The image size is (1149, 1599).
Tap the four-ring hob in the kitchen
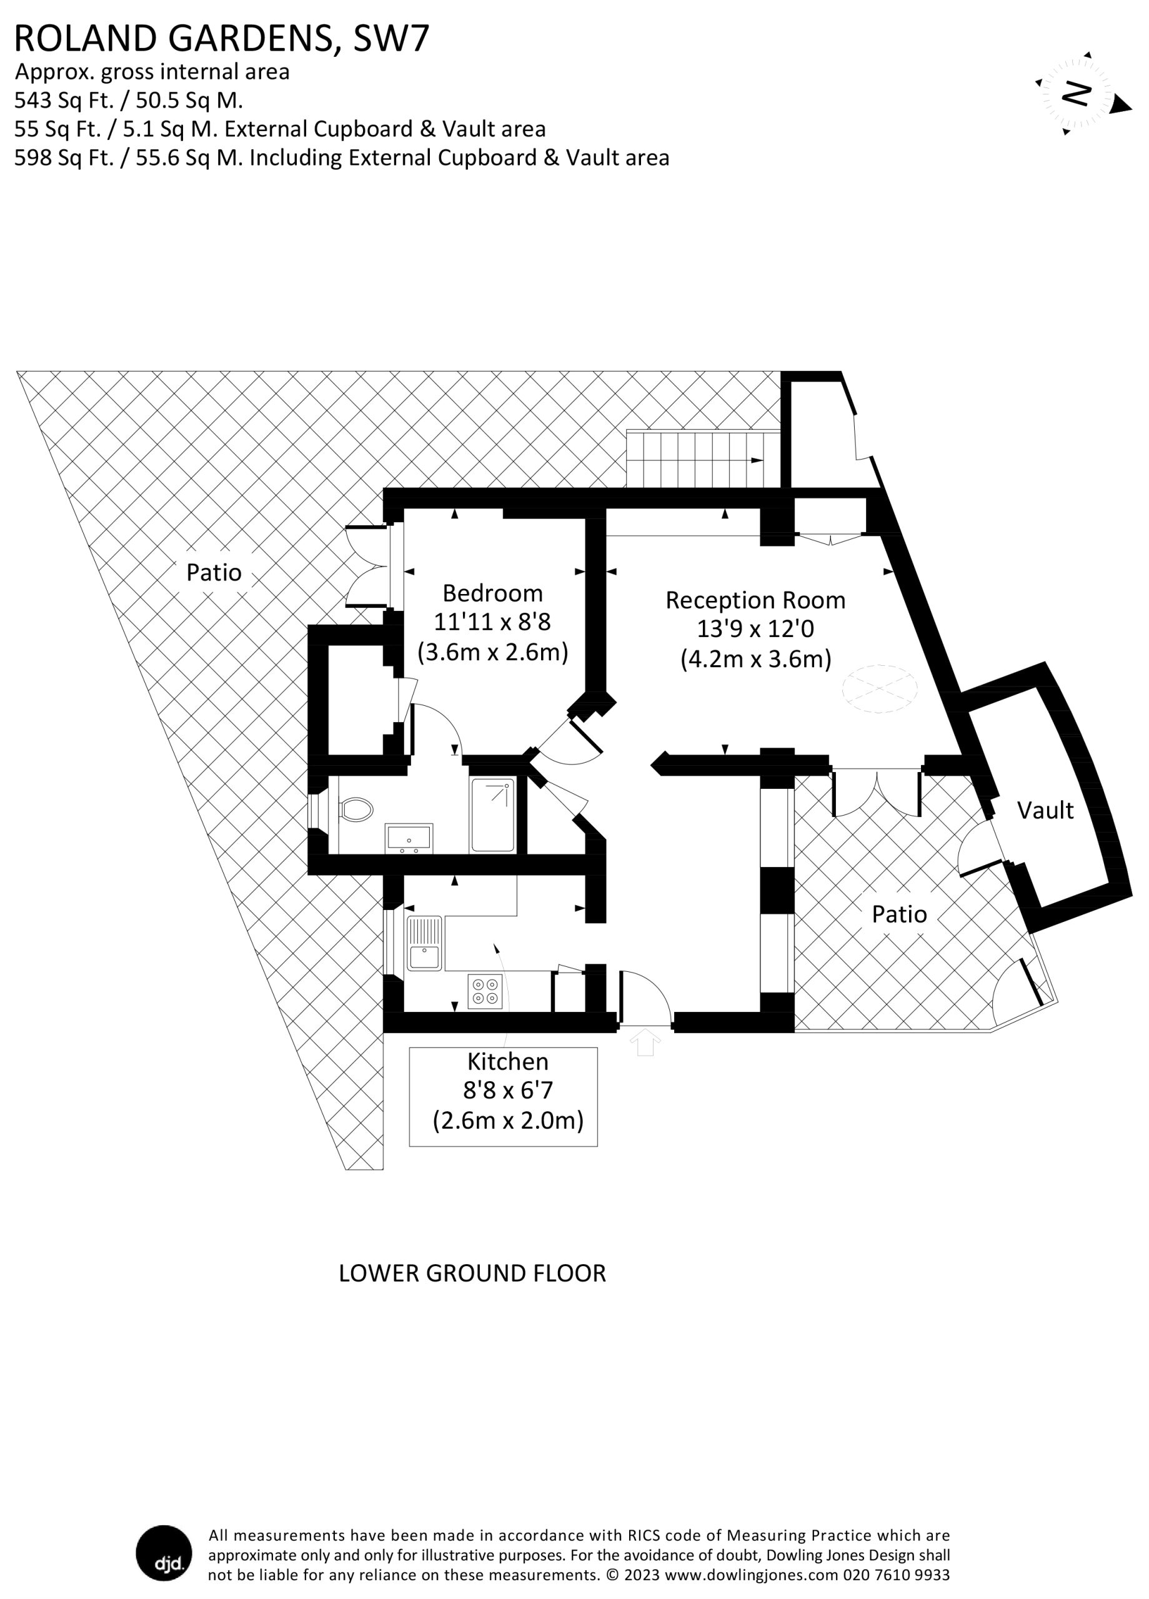tap(485, 991)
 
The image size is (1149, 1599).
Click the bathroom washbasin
tap(409, 838)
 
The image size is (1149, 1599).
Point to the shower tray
tap(493, 814)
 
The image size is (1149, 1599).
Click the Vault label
tap(1045, 811)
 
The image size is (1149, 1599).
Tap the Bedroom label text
tap(492, 593)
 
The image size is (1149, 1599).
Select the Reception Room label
tap(755, 600)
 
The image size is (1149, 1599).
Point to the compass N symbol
tap(1078, 92)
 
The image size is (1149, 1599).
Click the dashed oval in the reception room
tap(880, 688)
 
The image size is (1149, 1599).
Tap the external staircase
tap(704, 458)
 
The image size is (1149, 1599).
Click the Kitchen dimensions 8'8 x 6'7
tap(508, 1090)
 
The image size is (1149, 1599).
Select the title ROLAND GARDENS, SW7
tap(221, 38)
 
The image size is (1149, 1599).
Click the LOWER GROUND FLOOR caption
tap(472, 1272)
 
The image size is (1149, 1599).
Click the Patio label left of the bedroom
tap(214, 572)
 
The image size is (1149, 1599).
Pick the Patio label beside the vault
tap(899, 914)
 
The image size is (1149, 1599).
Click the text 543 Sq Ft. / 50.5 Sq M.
tap(128, 100)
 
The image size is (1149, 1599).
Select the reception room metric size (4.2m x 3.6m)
tap(755, 659)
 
